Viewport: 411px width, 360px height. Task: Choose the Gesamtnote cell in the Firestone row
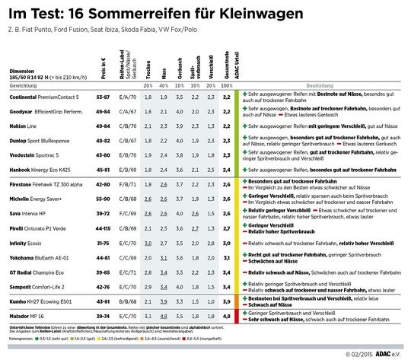click(x=226, y=184)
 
